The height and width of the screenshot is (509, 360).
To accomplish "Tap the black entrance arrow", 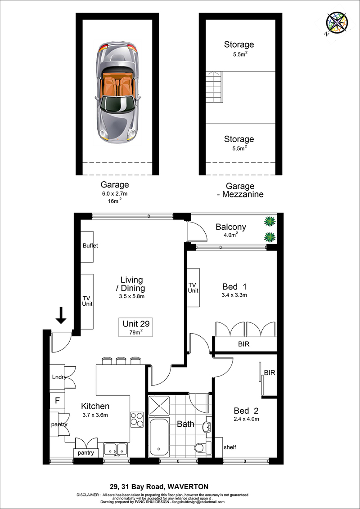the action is click(x=61, y=316).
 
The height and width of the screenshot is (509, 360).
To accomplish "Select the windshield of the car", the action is click(x=117, y=104).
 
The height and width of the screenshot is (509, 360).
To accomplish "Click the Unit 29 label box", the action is click(x=136, y=327).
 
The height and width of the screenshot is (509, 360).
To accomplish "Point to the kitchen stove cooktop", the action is click(x=137, y=419).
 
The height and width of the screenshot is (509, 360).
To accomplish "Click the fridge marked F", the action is click(x=57, y=401).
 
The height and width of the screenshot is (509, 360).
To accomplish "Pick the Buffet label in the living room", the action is click(x=90, y=246).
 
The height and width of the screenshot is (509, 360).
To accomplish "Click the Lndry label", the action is click(x=59, y=377).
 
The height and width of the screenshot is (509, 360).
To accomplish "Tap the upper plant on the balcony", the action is click(x=270, y=222).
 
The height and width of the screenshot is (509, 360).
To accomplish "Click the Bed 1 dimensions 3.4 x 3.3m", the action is click(x=234, y=295).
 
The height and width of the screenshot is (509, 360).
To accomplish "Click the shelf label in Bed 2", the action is click(x=229, y=447).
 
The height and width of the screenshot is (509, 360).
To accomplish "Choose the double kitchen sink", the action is click(x=115, y=450).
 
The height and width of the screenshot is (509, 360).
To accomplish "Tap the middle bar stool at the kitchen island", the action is click(x=121, y=361).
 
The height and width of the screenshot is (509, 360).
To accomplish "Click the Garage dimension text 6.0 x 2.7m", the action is click(x=114, y=194).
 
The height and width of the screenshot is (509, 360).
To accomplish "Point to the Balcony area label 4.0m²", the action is click(x=231, y=235).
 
